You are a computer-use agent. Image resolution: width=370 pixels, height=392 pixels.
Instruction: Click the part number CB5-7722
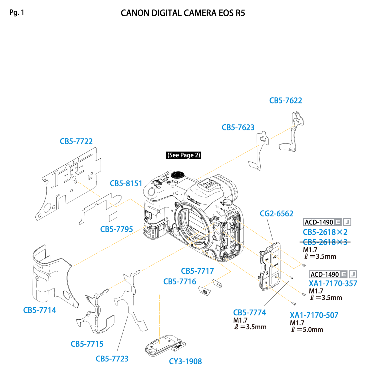(x=76, y=141)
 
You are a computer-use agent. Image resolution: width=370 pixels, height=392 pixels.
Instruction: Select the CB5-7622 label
(x=285, y=100)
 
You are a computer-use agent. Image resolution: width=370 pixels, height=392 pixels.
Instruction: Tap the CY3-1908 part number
(x=185, y=361)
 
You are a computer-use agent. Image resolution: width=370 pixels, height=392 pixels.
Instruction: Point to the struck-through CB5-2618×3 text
(x=325, y=242)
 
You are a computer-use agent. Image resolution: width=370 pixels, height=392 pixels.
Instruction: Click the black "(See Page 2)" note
(x=183, y=155)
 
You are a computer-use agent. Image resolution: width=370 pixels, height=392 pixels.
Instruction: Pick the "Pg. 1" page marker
(x=17, y=13)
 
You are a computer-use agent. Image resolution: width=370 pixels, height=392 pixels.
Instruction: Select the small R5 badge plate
(x=204, y=291)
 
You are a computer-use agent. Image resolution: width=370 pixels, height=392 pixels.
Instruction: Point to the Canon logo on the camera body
(x=193, y=200)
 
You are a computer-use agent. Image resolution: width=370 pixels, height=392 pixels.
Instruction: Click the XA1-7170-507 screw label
(x=314, y=315)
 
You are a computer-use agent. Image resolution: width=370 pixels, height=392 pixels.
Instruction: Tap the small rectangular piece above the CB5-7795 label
(x=113, y=216)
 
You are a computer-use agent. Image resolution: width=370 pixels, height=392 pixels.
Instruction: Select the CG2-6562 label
(x=277, y=214)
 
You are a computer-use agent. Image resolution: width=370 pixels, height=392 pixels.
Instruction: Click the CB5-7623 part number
(x=238, y=128)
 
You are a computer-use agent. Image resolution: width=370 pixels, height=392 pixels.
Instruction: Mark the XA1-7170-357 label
(x=333, y=284)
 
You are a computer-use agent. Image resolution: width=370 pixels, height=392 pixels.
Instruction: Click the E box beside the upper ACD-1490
(x=338, y=222)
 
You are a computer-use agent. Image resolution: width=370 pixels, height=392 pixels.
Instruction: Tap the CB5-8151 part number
(x=126, y=183)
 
